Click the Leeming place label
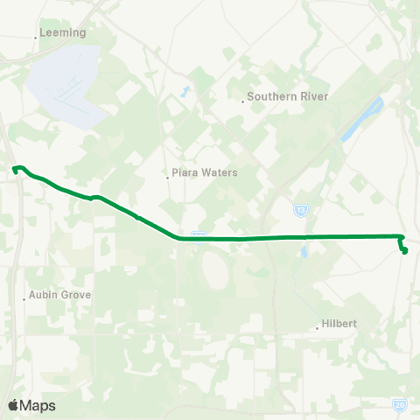click(63, 32)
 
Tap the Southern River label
click(287, 96)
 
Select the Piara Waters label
click(205, 172)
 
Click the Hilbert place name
click(339, 323)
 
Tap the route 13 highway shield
click(300, 210)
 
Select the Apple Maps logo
click(31, 405)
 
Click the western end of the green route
click(14, 168)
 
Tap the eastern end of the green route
click(405, 252)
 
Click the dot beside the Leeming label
click(36, 37)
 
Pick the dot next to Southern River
click(242, 101)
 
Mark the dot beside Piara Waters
click(167, 177)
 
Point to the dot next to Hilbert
click(317, 328)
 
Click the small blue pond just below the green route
click(302, 253)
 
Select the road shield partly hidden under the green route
click(199, 234)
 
